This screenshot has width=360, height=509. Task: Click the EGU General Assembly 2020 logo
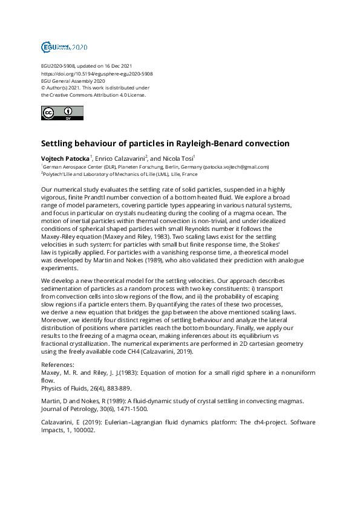coord(64,47)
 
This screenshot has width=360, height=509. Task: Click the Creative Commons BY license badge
coord(62,113)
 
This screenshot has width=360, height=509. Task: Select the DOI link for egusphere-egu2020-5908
coord(97,74)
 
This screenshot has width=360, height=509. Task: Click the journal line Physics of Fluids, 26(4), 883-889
coord(86,388)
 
